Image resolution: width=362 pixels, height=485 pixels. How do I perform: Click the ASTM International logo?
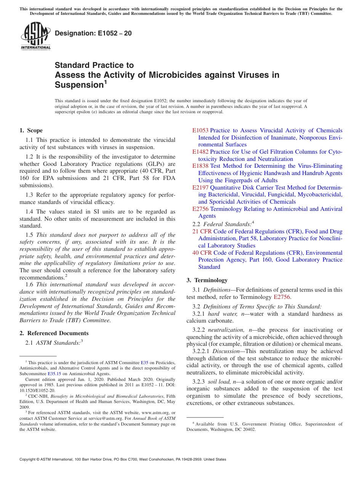click(35, 37)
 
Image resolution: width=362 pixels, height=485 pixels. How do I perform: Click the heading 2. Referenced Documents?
click(54, 333)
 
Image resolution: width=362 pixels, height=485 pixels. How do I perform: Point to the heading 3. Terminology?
click(207, 280)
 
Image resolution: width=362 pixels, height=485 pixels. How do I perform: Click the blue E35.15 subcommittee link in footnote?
click(54, 374)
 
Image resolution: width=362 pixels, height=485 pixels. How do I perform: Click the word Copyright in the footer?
click(29, 459)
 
